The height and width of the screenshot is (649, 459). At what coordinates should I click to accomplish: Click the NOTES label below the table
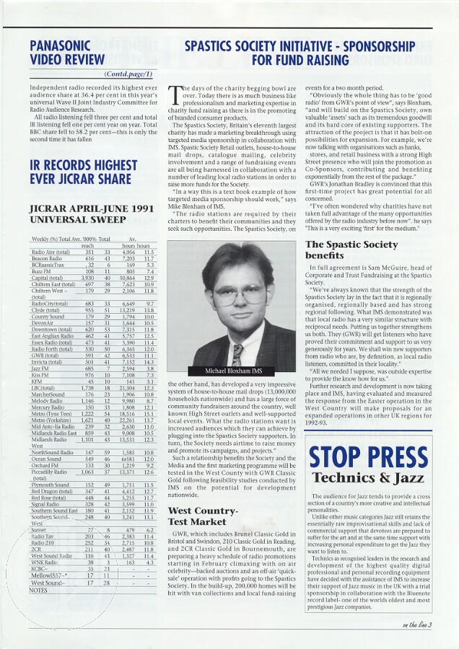(38, 590)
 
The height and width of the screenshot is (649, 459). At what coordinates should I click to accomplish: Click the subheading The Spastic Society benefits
(351, 250)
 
